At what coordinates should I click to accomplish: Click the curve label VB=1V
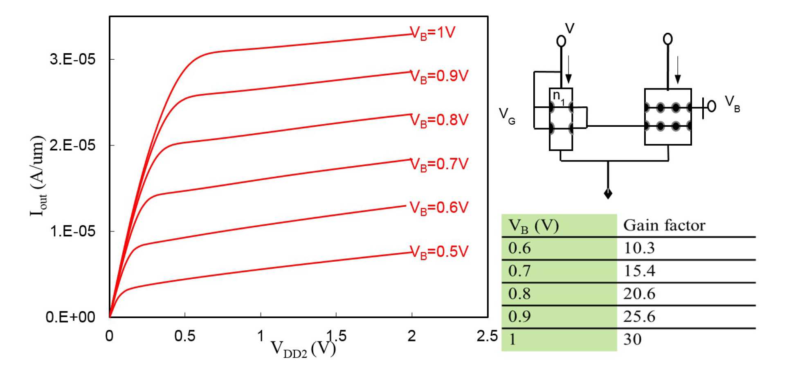[x=433, y=33]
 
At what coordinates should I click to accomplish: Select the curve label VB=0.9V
[x=439, y=76]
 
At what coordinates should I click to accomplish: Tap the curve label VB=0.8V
[x=439, y=120]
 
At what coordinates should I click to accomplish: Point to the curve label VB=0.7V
[x=439, y=164]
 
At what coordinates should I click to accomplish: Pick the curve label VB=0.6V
[x=439, y=208]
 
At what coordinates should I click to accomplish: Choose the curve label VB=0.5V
[x=439, y=252]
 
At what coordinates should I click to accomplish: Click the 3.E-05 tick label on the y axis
[x=72, y=59]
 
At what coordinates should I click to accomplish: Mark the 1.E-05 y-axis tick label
[x=72, y=231]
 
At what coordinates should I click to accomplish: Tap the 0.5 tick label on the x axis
[x=184, y=336]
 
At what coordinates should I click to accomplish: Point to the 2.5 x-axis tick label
[x=487, y=336]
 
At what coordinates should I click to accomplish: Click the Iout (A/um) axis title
[x=38, y=176]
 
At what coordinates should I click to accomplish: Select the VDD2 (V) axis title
[x=303, y=349]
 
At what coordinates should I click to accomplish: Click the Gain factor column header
[x=664, y=225]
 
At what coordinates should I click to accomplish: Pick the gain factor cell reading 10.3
[x=639, y=248]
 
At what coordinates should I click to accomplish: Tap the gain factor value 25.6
[x=639, y=316]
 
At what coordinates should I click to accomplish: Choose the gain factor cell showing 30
[x=632, y=339]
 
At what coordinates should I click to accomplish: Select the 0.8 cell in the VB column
[x=519, y=294]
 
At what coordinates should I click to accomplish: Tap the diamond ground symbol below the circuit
[x=608, y=193]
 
